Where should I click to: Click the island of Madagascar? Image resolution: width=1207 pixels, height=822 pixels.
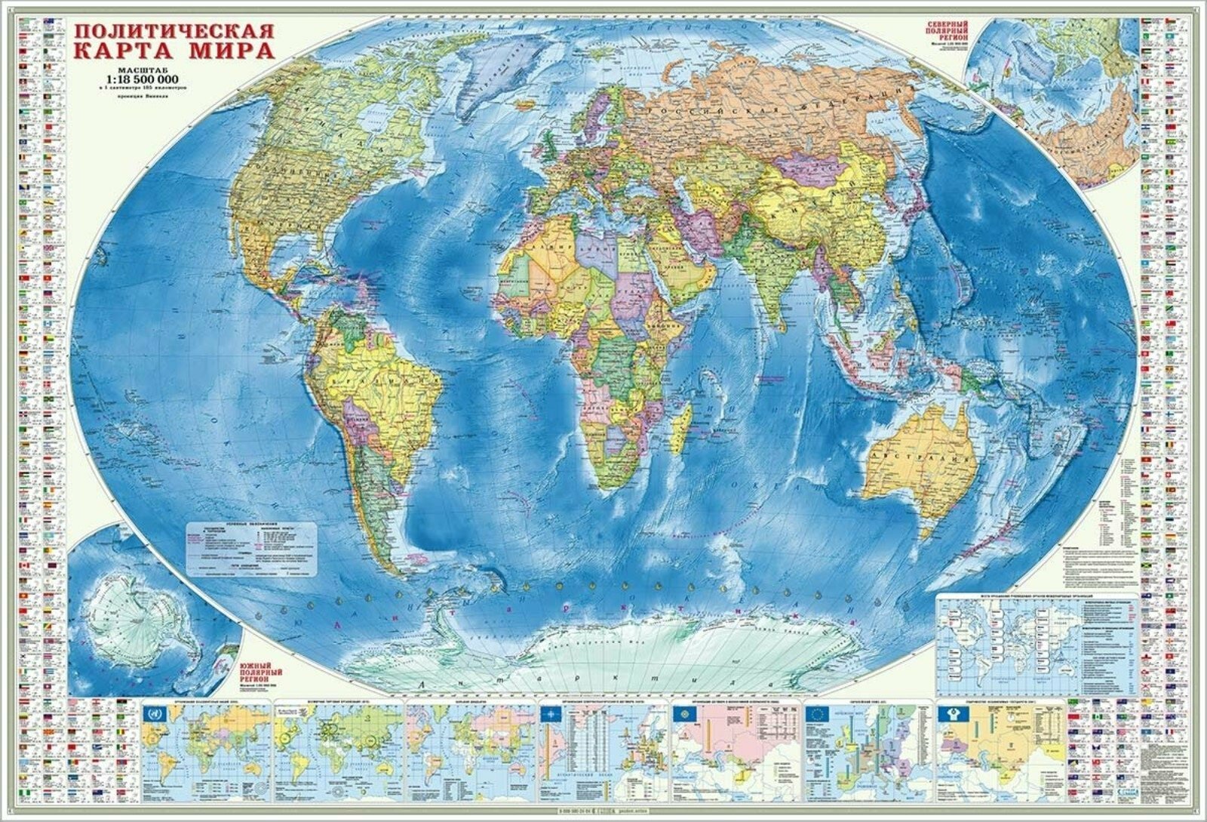pyautogui.click(x=684, y=422)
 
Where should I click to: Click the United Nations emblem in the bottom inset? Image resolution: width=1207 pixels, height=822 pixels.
pyautogui.click(x=153, y=713)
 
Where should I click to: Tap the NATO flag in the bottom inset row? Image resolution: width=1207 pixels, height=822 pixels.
pyautogui.click(x=551, y=714)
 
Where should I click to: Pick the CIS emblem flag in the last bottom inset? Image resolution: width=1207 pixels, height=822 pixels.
pyautogui.click(x=949, y=714)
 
